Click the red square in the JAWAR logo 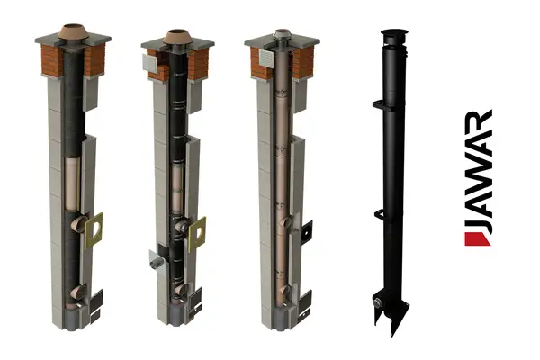[x=477, y=239]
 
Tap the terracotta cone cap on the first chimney [x=73, y=31]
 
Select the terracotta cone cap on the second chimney [x=177, y=37]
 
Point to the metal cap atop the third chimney [x=281, y=35]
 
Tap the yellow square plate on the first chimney [x=94, y=230]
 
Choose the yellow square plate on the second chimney [x=197, y=233]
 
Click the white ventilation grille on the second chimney [x=149, y=62]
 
